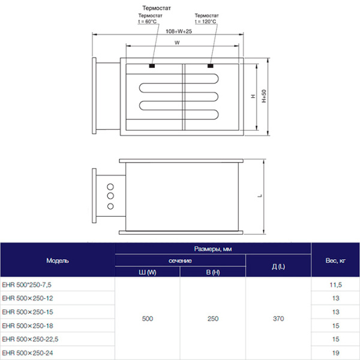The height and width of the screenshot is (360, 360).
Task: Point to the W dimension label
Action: [177, 43]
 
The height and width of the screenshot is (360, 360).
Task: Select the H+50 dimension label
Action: [263, 95]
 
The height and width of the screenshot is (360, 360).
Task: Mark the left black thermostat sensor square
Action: [152, 65]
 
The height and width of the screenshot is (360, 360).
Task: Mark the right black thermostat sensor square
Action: [211, 65]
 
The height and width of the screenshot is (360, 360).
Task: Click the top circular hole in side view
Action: [110, 185]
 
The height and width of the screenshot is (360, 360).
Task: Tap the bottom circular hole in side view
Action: [110, 206]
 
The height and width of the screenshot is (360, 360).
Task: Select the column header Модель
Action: [58, 260]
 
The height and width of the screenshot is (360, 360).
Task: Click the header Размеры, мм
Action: [213, 248]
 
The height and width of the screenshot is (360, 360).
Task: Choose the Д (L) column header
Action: [278, 266]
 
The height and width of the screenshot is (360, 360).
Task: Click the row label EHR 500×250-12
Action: [28, 298]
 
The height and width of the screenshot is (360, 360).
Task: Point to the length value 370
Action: [278, 319]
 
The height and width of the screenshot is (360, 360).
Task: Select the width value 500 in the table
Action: [148, 319]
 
